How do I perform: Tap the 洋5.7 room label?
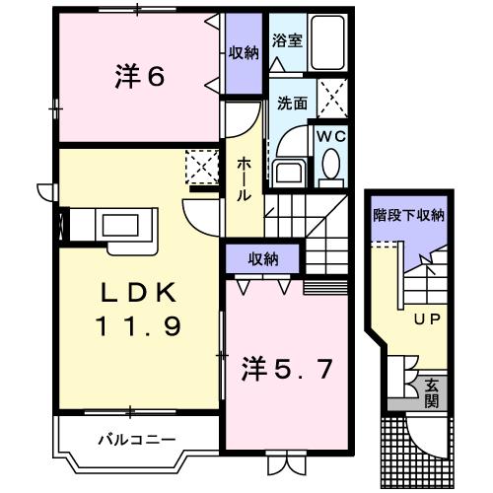[x=287, y=370]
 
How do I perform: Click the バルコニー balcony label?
[x=137, y=438]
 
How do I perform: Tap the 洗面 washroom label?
[x=291, y=102]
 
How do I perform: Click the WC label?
[x=328, y=137]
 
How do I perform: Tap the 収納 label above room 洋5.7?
[x=262, y=259]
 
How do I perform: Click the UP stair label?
[x=426, y=319]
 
